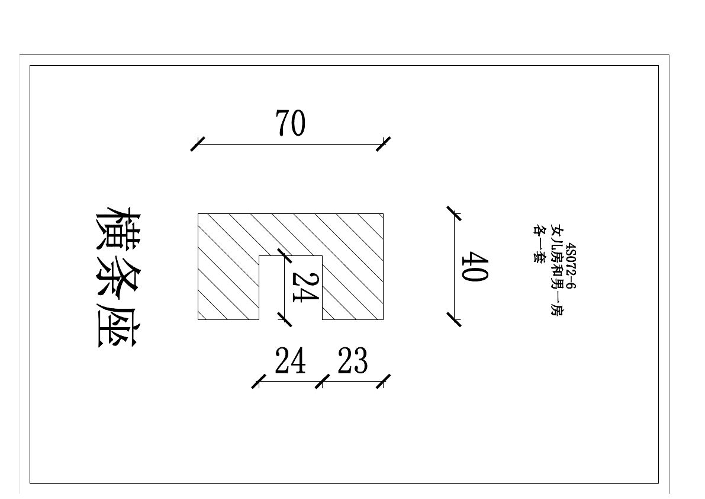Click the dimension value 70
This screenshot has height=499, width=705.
click(290, 124)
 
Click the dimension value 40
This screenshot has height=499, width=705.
click(474, 268)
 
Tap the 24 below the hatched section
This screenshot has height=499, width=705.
click(290, 361)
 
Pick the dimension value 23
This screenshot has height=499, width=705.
click(353, 361)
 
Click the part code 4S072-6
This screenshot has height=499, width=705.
click(571, 266)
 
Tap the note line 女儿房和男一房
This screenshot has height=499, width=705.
click(556, 270)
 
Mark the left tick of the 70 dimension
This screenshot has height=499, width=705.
click(198, 144)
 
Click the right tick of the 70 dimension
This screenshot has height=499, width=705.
click(384, 144)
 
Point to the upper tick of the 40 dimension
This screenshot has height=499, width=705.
click(454, 213)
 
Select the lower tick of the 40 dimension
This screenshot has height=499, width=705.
click(454, 319)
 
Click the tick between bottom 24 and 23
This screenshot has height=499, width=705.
click(322, 381)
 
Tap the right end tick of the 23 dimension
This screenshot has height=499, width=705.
click(384, 381)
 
